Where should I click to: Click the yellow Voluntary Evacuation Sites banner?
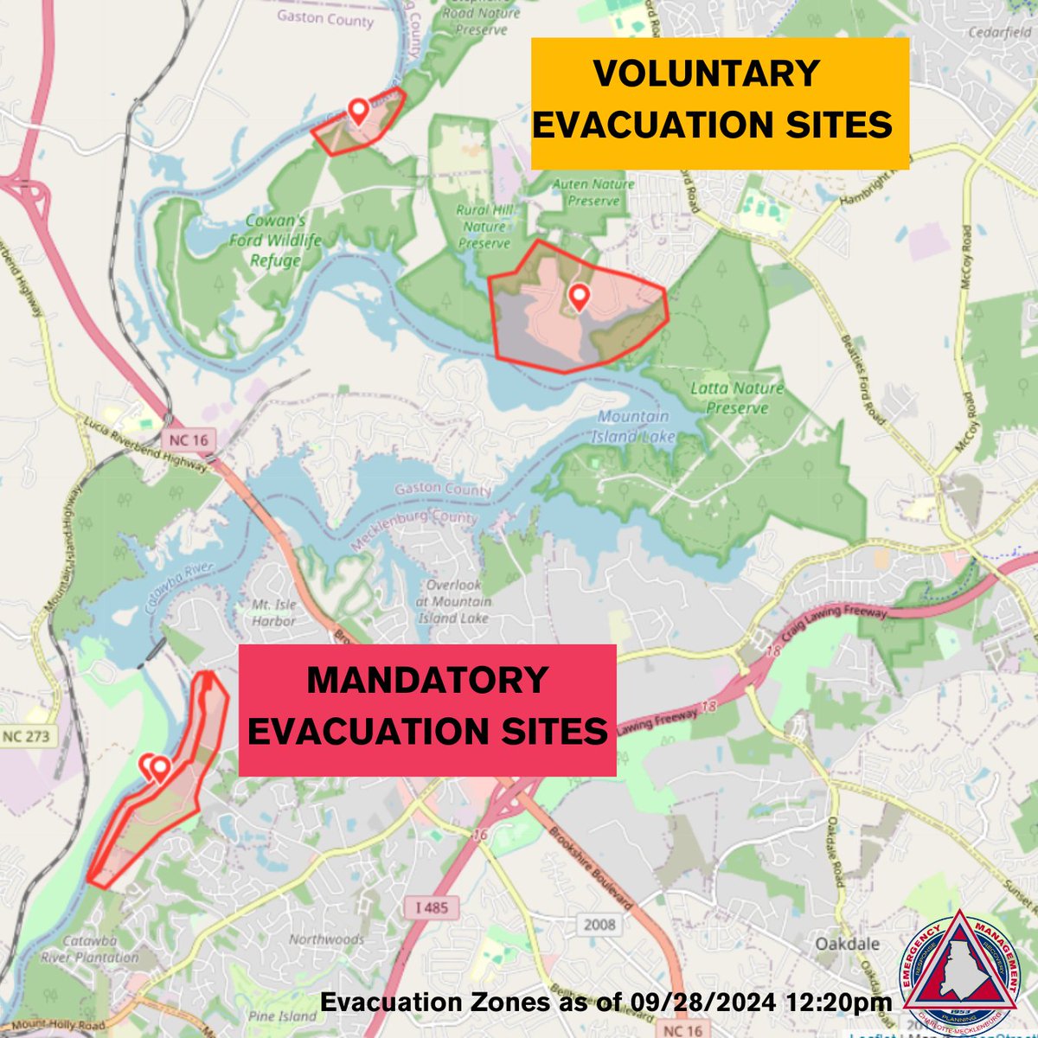click(719, 102)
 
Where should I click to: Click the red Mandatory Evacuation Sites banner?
click(427, 708)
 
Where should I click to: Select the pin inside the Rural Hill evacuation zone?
click(579, 298)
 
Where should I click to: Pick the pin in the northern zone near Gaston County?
click(357, 111)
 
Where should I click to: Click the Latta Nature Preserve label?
click(737, 398)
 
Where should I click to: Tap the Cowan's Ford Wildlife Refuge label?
click(275, 240)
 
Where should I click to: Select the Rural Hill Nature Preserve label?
click(485, 227)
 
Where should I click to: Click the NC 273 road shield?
click(26, 737)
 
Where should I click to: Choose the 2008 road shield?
click(599, 924)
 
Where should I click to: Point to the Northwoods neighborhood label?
click(327, 939)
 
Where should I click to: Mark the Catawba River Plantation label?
click(89, 948)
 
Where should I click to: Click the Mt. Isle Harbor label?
click(274, 612)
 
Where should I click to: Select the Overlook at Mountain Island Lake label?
click(452, 601)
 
